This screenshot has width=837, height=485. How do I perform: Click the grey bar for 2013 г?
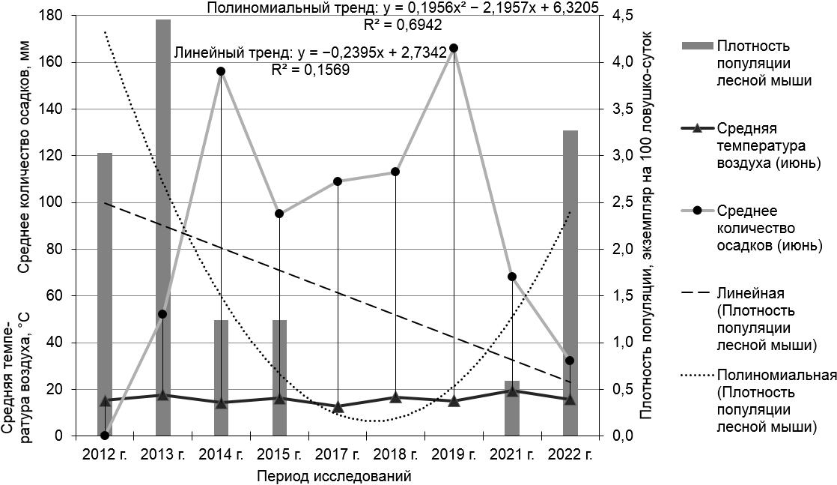[x=163, y=225]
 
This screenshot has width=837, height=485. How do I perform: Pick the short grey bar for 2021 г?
[x=512, y=409]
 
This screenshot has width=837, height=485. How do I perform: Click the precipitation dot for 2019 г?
[x=454, y=48]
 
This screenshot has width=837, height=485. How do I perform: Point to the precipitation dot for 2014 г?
[x=221, y=71]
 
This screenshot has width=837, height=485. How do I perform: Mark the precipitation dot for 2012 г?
[x=105, y=435]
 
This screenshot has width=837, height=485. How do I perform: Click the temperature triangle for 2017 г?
[x=338, y=407]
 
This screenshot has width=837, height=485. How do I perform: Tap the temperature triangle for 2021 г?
[x=512, y=391]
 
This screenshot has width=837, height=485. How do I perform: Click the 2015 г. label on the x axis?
[x=279, y=454]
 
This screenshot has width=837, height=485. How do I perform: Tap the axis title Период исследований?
[x=333, y=476]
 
